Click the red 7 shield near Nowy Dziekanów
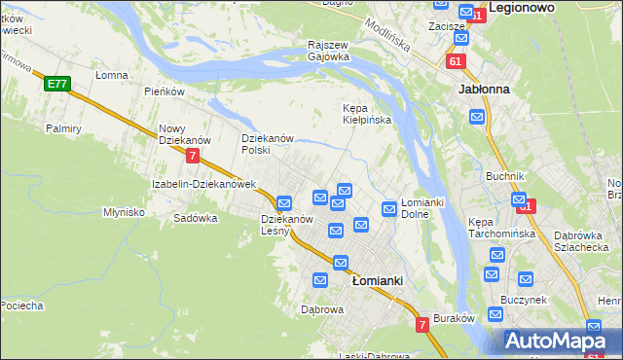tap(193, 155)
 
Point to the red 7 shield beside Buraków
tap(422, 324)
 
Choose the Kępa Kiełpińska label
tap(366, 114)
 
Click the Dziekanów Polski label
tap(268, 144)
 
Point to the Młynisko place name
tap(124, 212)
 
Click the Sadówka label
tap(195, 219)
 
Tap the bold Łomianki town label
tap(378, 280)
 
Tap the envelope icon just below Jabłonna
tap(477, 117)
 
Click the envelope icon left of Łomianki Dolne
tap(389, 208)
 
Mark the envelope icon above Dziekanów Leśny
tap(284, 203)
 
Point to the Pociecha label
tap(21, 306)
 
